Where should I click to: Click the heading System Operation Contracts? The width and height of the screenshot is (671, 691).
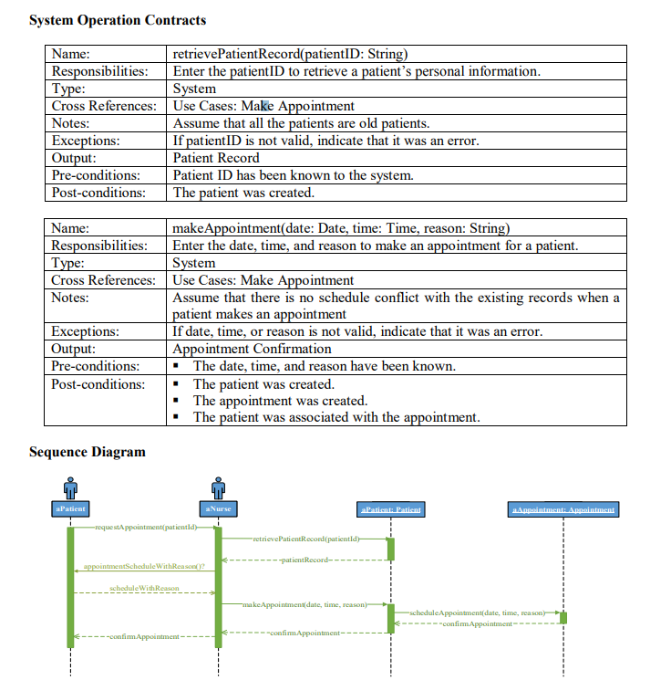(118, 20)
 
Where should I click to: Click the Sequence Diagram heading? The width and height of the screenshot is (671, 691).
(87, 452)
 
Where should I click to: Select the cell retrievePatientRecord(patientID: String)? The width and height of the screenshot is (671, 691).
(290, 54)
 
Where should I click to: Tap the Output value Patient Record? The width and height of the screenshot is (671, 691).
(216, 158)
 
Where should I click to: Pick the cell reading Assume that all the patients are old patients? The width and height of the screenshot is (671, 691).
(301, 123)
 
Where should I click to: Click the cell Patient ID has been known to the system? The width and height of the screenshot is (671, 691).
(293, 175)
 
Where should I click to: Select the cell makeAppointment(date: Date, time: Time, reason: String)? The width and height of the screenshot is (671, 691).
(341, 228)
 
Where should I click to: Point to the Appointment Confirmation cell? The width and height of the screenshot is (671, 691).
(252, 349)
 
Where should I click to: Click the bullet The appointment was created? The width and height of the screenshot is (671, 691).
(280, 401)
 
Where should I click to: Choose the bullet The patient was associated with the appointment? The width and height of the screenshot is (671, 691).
(335, 417)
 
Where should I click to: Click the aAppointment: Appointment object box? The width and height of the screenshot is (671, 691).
(563, 509)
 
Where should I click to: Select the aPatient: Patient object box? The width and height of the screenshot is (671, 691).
(391, 509)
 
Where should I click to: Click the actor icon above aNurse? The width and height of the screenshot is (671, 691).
(217, 487)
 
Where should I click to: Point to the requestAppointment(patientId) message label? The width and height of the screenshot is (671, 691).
(144, 528)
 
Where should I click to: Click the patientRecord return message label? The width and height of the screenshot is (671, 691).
(304, 559)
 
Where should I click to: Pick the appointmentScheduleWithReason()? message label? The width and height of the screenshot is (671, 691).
(144, 567)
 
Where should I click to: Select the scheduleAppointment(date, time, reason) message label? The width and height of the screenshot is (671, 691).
(478, 612)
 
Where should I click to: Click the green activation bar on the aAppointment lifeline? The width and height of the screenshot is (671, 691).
(563, 618)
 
